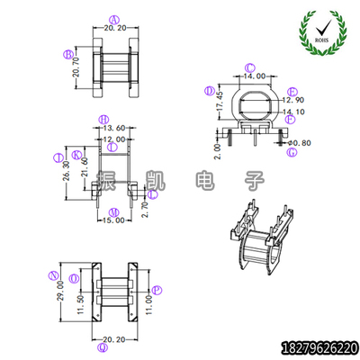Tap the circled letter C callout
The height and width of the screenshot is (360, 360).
point(249,67)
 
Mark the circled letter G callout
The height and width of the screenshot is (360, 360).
point(292,152)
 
